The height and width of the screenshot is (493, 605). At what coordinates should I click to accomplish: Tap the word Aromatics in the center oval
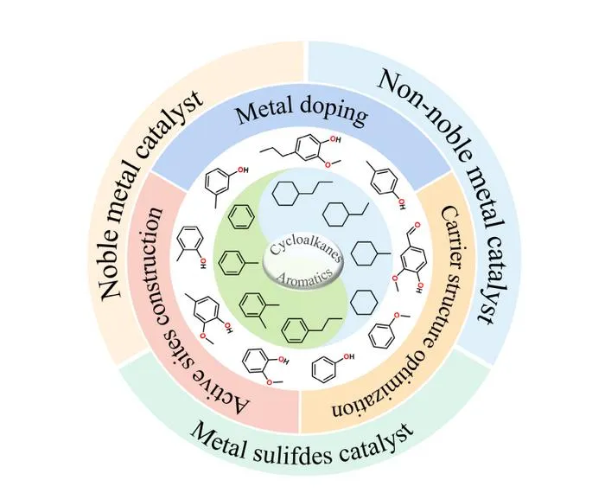pos(304,275)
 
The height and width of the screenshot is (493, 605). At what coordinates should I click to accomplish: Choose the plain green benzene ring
pos(241,216)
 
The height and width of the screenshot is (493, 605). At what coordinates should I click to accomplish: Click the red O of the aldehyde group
pos(417,225)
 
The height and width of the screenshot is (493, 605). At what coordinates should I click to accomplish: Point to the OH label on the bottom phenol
pos(348,356)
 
